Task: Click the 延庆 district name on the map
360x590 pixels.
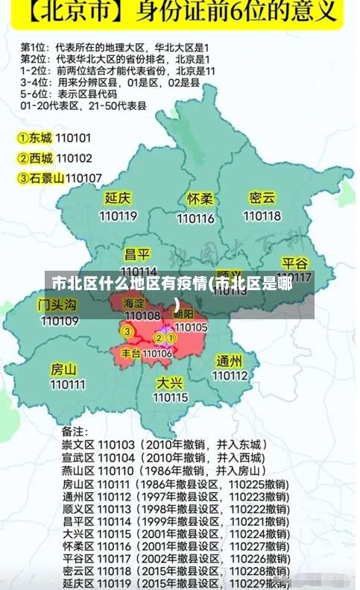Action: [x=118, y=198]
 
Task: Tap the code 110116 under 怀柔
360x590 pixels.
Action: [x=196, y=219]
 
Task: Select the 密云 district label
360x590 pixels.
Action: [x=262, y=198]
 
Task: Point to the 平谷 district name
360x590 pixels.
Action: [x=295, y=263]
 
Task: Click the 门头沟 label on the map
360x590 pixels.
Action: [x=57, y=304]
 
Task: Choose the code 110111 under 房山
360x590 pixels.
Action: [x=68, y=385]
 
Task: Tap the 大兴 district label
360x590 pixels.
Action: [x=170, y=382]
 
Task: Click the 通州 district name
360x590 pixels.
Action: [x=230, y=361]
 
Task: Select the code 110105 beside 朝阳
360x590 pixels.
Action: [x=191, y=327]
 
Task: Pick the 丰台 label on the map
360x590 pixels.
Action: [x=131, y=353]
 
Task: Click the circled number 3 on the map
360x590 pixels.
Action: [x=127, y=330]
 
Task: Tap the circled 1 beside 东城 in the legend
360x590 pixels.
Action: [x=23, y=138]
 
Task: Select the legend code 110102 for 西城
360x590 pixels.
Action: [x=74, y=158]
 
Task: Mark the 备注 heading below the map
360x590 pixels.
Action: [x=75, y=431]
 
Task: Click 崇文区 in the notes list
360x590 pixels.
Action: [x=77, y=445]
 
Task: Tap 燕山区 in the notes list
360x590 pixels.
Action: [x=77, y=471]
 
